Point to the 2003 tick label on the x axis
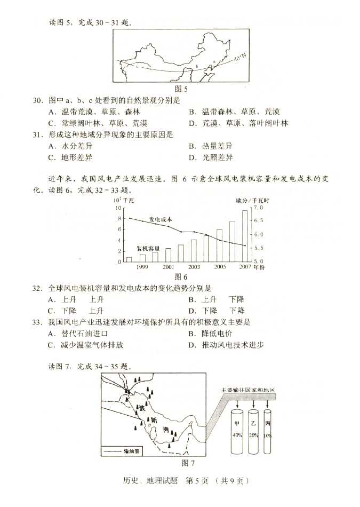pyautogui.click(x=194, y=267)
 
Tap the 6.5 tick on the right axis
pyautogui.click(x=258, y=220)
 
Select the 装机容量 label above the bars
pyautogui.click(x=148, y=249)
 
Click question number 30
pyautogui.click(x=37, y=100)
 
